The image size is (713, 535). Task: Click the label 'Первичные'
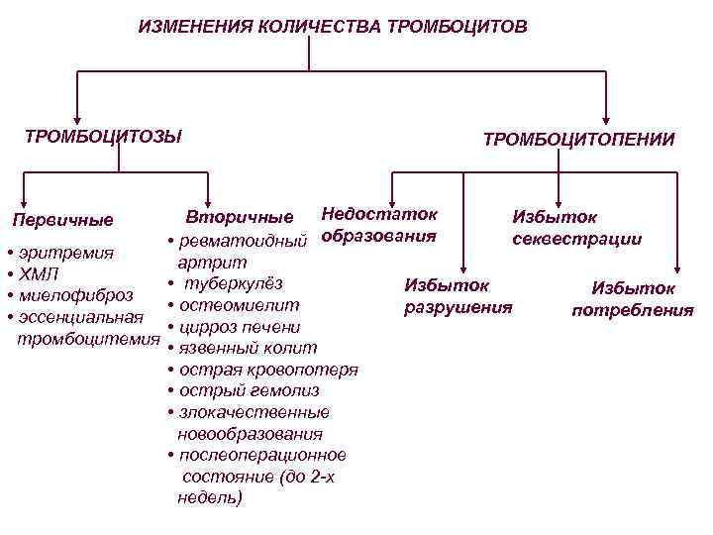[62, 220]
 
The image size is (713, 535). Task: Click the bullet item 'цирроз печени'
[238, 327]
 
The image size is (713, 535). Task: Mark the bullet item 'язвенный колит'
[247, 348]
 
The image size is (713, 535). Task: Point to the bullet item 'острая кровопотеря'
[267, 370]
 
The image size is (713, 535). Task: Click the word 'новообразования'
[250, 434]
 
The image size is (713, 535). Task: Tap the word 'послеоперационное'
[261, 455]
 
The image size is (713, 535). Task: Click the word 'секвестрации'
[576, 239]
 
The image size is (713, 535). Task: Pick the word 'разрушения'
[458, 307]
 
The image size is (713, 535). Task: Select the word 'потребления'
[633, 310]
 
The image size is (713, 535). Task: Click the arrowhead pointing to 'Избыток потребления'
[676, 268]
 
